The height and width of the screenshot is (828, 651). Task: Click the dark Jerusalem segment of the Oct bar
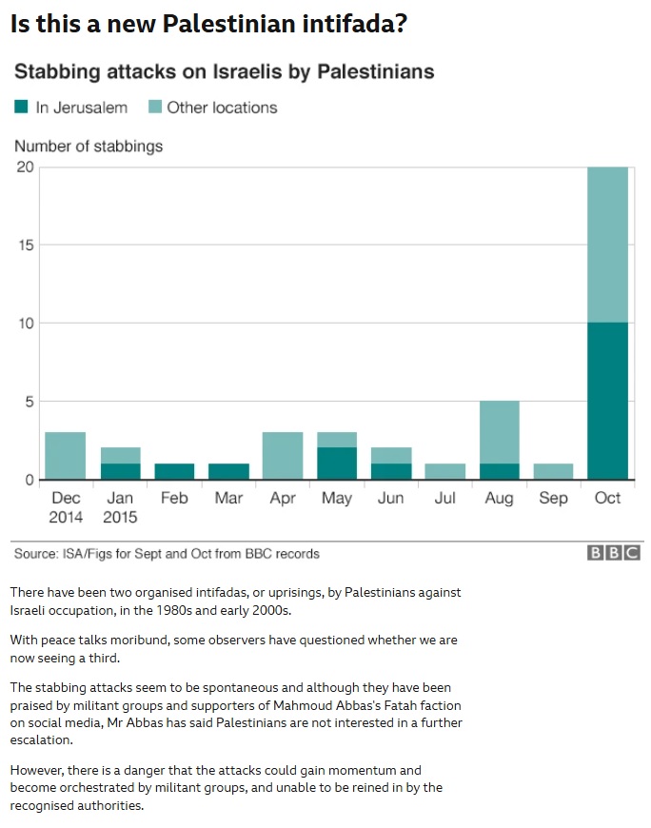[607, 401]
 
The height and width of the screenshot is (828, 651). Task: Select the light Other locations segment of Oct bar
[607, 245]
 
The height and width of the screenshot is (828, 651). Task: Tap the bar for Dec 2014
[66, 456]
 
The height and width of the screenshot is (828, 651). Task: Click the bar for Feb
[174, 471]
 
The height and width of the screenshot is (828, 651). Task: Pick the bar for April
[283, 456]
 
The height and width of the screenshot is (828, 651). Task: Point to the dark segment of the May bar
[336, 463]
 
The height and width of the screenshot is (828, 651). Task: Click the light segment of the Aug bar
[499, 432]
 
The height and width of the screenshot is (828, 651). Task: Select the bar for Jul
[444, 471]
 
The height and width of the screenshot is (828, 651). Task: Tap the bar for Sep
[553, 471]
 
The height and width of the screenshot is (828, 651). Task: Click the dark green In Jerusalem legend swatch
[22, 108]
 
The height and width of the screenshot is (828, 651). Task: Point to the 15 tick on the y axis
[27, 246]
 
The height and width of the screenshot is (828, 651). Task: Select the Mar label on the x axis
[228, 498]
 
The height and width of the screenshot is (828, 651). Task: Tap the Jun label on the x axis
[390, 498]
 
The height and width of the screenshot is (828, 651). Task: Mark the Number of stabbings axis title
[88, 146]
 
